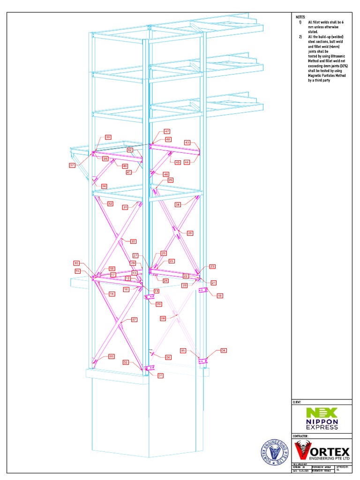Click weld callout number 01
click(160, 375)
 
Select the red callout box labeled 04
click(224, 350)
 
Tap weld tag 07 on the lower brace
click(134, 319)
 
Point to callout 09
click(158, 304)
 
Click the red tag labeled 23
click(212, 266)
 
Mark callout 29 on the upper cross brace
click(190, 233)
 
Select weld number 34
click(178, 205)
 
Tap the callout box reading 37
click(72, 165)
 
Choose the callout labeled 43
click(187, 142)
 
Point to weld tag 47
click(167, 131)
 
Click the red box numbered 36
click(104, 186)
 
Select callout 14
click(112, 294)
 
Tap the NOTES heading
click(300, 16)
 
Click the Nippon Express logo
click(322, 419)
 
